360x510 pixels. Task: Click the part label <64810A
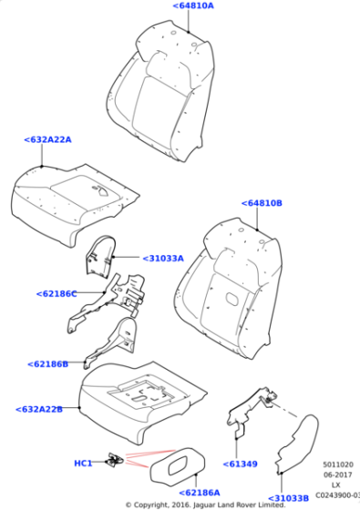[x=192, y=6]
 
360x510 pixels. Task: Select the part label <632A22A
[x=47, y=139]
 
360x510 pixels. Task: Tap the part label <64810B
[x=262, y=203]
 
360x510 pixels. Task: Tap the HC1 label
[x=83, y=464]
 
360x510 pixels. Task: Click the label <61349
[x=242, y=464]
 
